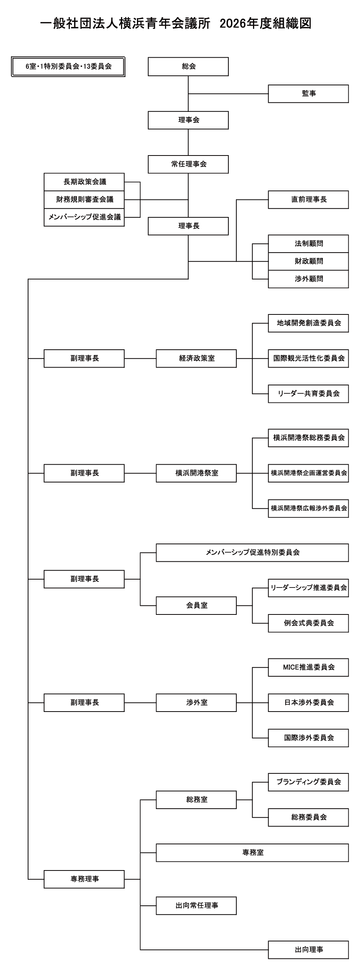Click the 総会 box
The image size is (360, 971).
(188, 66)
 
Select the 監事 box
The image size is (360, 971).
(308, 93)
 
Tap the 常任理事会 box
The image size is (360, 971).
(188, 164)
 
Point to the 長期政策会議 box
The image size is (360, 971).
(84, 182)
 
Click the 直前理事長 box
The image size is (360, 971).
(308, 200)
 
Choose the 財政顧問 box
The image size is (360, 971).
(308, 261)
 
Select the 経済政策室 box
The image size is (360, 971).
(196, 358)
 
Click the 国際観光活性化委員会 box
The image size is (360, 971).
(308, 358)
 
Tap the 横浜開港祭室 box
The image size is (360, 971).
(196, 473)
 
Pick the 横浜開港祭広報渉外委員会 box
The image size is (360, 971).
(308, 508)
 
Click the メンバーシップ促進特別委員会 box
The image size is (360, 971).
(252, 553)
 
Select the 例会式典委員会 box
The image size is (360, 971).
(308, 623)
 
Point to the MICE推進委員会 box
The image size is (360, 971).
(308, 667)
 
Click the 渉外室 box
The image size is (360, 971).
(196, 702)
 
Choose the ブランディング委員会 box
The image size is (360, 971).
(308, 782)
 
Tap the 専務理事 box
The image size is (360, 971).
(84, 879)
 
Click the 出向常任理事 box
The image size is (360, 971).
(196, 906)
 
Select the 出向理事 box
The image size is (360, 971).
(308, 950)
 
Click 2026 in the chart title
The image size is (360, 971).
(232, 24)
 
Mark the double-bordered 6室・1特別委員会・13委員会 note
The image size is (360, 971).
(68, 66)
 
